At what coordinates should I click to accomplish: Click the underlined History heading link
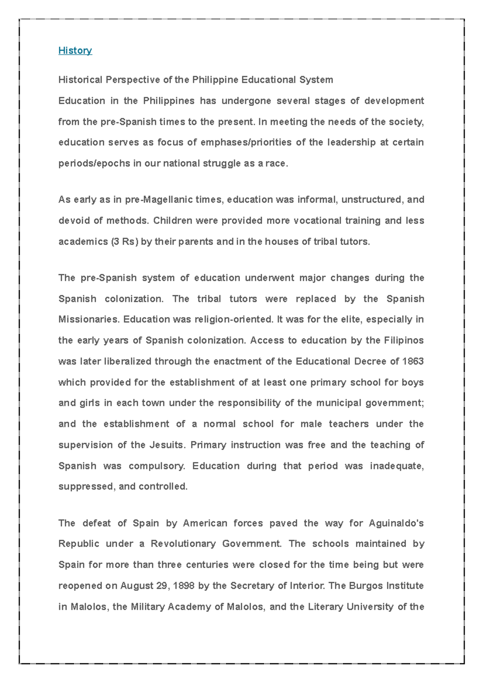point(75,50)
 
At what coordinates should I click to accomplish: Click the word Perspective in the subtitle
point(133,80)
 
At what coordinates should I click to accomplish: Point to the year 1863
point(413,361)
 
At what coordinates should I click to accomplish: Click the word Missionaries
point(89,319)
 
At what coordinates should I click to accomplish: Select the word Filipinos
point(403,340)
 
